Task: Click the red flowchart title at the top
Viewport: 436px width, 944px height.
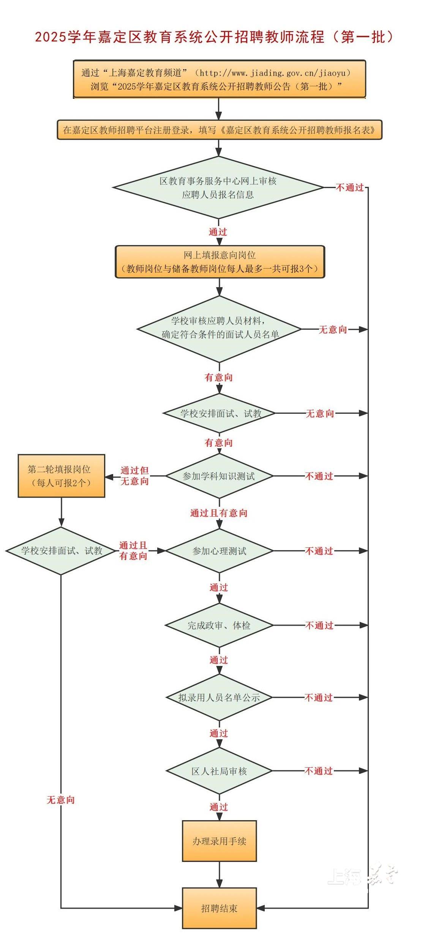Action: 215,37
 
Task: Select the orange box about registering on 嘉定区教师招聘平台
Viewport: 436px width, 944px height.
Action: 219,130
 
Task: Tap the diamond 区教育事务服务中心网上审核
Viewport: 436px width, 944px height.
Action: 218,188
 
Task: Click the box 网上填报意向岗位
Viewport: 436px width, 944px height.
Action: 220,262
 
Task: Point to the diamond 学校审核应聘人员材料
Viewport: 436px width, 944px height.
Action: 219,329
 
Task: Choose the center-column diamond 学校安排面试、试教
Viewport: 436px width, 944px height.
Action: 219,413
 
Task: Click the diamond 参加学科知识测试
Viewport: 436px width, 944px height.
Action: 219,476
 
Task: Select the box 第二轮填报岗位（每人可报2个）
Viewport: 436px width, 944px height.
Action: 61,476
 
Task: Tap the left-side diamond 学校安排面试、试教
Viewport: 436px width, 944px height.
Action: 61,550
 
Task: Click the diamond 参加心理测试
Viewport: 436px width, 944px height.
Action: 219,550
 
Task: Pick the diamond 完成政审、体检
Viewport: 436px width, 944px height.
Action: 219,625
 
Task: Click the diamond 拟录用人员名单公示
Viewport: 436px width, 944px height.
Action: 219,697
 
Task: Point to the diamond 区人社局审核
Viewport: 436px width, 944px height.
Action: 219,771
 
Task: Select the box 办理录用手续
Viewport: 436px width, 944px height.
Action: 219,841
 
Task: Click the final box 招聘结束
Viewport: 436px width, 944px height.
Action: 219,908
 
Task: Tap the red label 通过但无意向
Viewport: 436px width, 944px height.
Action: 134,476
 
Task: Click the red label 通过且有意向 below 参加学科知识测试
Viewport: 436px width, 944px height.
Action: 219,513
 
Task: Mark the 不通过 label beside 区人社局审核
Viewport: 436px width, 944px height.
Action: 319,771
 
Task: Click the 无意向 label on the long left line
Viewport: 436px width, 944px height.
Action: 61,800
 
